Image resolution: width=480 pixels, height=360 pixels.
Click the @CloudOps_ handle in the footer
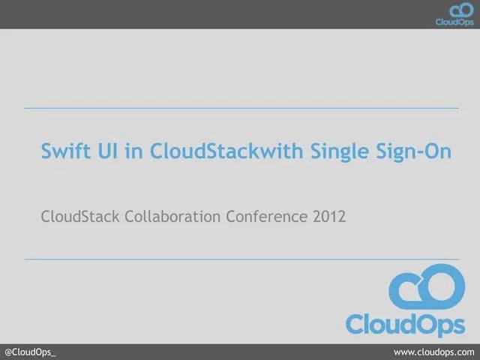[30, 352]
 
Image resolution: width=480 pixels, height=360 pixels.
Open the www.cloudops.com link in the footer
[435, 352]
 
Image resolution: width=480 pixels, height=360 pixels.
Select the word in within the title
[133, 151]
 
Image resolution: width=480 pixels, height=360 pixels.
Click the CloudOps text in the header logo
[454, 22]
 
